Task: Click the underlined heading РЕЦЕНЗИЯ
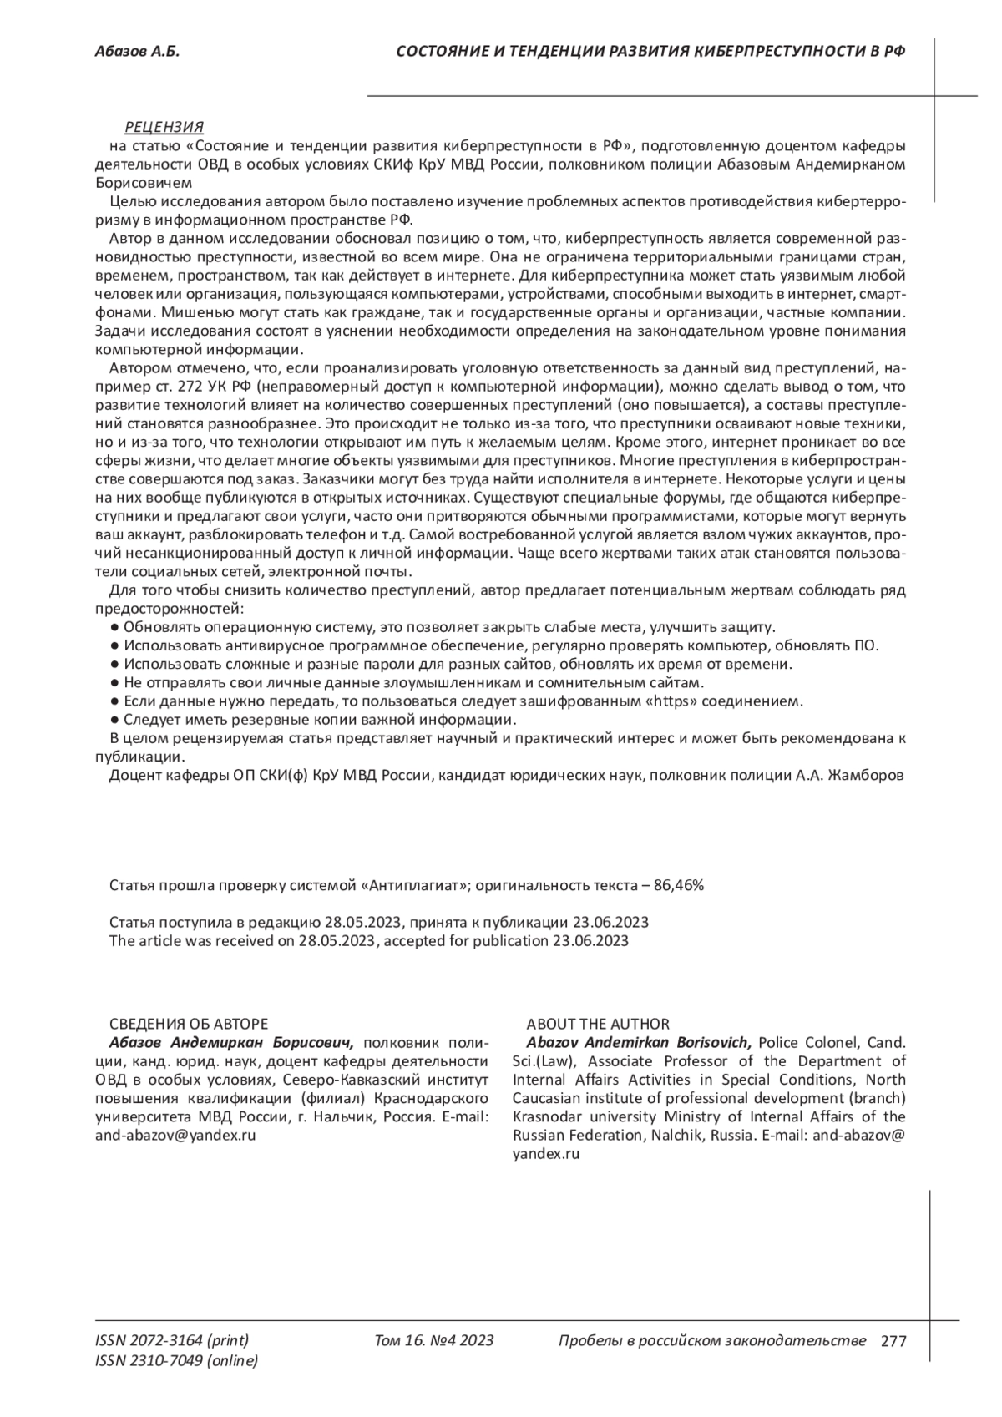pos(164,127)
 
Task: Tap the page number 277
pos(893,1342)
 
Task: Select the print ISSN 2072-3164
pos(172,1341)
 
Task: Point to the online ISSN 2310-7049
pos(177,1361)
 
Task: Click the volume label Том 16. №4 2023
pos(434,1341)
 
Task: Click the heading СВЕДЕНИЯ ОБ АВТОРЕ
pos(189,1024)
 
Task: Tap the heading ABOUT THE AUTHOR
pos(597,1024)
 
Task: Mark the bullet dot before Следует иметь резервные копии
pos(115,720)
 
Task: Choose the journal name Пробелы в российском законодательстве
pos(711,1341)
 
